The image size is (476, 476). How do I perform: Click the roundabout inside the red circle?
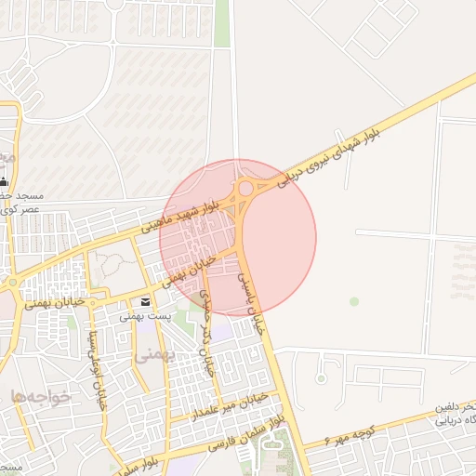pos(245,189)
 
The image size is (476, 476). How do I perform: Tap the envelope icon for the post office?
pos(145,302)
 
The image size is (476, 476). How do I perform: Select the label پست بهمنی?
pos(145,316)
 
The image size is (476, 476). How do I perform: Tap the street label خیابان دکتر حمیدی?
pos(208,331)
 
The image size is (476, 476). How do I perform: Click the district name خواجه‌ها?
pos(42,397)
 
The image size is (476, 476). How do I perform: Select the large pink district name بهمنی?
pos(153,354)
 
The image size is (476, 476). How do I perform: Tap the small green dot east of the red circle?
pos(353,301)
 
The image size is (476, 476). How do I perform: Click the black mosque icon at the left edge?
pos(5,180)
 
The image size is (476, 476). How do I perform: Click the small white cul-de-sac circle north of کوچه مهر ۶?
pos(322,377)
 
